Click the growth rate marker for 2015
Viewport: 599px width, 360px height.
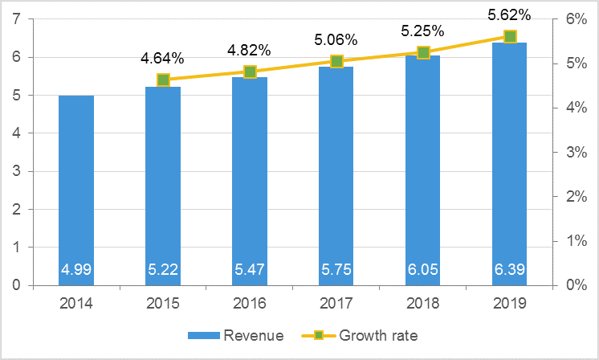click(163, 80)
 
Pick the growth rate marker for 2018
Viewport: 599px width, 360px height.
click(423, 52)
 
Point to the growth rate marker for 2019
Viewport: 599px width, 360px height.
click(509, 36)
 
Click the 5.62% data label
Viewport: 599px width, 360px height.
click(509, 14)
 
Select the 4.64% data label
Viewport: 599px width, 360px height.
click(163, 58)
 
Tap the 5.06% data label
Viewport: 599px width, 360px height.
click(336, 39)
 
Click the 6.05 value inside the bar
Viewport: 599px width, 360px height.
click(423, 270)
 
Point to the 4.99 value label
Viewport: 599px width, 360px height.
click(76, 270)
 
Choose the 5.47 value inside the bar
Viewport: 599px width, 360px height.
click(250, 270)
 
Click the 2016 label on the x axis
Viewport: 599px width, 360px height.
click(250, 304)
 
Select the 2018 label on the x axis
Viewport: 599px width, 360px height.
click(423, 304)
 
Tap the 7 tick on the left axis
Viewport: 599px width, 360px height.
click(17, 19)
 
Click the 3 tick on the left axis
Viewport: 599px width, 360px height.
click(17, 171)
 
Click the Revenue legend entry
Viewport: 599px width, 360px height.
click(236, 335)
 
